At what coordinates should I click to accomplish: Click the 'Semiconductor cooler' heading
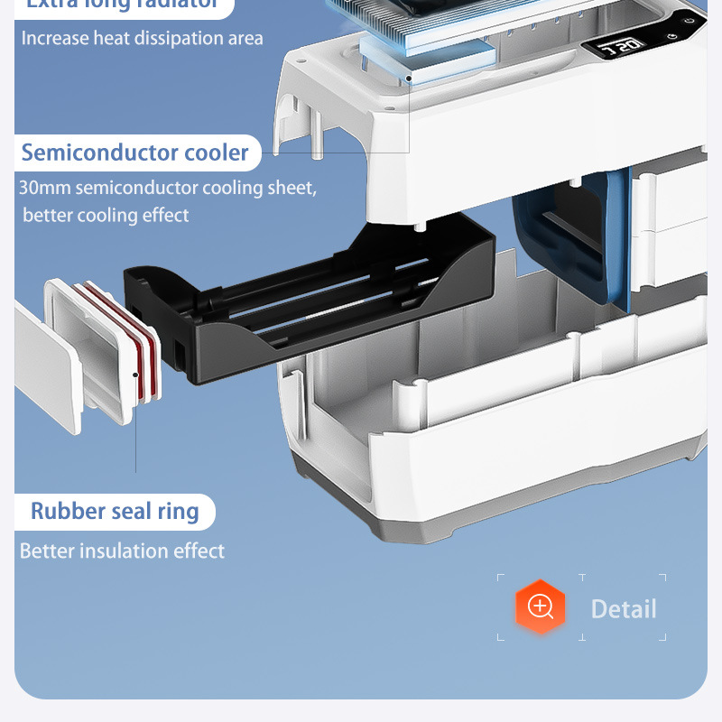coord(134,153)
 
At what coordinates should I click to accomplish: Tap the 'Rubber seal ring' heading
coord(115,511)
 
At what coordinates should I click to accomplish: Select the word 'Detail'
coord(623,609)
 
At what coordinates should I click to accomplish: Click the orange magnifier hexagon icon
coord(540,606)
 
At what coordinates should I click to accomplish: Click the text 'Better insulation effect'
coord(122,551)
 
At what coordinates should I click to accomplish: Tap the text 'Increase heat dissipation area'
coord(143,38)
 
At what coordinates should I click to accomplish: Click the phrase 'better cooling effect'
coord(106,215)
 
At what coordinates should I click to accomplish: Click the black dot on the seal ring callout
coord(135,373)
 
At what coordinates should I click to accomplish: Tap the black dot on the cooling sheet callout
coord(409,79)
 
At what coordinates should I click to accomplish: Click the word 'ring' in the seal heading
coord(178,511)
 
